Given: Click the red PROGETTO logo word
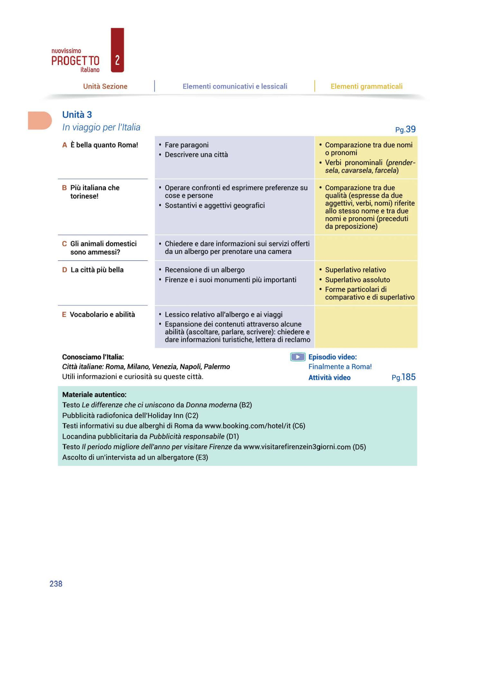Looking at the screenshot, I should click(75, 61).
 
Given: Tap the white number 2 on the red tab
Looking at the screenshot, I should click(117, 60).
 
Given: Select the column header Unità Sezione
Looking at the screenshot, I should click(105, 86).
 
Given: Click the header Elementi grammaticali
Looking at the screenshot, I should click(366, 86).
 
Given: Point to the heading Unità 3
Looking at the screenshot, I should click(77, 114).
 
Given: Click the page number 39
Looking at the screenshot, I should click(410, 129).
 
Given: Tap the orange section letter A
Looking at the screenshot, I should click(64, 145).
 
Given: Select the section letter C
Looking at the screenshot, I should click(64, 244).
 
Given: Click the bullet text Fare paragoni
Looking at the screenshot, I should click(187, 145).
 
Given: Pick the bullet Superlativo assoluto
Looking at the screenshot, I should click(357, 279).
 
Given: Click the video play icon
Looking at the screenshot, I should click(298, 357).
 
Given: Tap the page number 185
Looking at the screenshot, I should click(408, 377).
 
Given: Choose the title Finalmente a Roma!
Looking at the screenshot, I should click(340, 366).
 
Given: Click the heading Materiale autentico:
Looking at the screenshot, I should click(94, 395).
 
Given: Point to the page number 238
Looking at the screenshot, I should click(56, 584).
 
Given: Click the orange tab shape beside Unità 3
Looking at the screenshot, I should click(39, 121).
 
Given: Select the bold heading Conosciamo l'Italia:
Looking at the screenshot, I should click(93, 357).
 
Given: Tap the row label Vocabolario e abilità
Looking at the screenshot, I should click(102, 314).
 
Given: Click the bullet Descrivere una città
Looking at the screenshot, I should click(196, 154).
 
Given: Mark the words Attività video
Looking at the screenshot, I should click(329, 377).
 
